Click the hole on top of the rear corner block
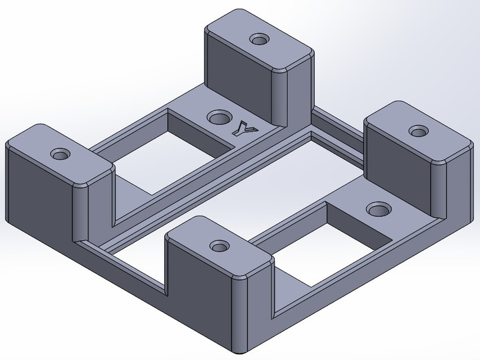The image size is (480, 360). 259,40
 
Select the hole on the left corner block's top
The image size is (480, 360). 59,154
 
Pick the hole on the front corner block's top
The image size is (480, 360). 219,246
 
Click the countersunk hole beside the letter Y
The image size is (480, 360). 218,118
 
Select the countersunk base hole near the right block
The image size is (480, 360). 378,209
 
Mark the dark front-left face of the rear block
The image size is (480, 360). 239,73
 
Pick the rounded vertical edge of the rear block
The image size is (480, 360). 279,96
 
